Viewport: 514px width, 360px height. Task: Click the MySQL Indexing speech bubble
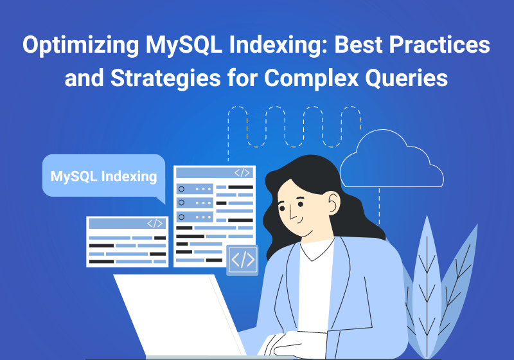(x=103, y=175)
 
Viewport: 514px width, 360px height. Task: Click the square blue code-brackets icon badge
(x=242, y=260)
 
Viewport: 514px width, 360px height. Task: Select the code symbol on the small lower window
(x=154, y=224)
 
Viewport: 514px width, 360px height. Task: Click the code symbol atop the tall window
(x=242, y=173)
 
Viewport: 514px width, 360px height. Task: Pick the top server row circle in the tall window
(x=181, y=189)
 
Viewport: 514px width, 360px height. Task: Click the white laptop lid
(x=173, y=315)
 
